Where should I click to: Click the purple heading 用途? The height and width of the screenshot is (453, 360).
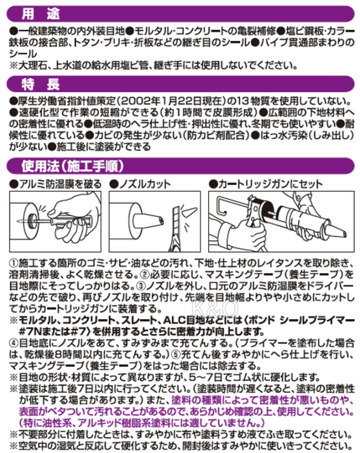[x=40, y=13]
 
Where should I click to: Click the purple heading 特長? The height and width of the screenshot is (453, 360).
[x=40, y=84]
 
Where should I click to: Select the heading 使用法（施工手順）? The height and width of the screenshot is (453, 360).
[x=73, y=166]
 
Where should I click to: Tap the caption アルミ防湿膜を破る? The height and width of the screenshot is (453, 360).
[x=56, y=184]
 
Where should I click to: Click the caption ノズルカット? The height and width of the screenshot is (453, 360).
[x=140, y=184]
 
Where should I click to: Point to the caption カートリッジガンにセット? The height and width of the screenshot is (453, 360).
[x=265, y=184]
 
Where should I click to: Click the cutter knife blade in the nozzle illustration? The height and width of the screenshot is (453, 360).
[x=176, y=228]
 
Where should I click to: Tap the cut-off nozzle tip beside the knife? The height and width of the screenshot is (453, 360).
[x=190, y=213]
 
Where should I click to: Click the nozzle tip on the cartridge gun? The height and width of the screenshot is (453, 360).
[x=337, y=230]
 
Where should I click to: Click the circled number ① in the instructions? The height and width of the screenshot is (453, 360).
[x=13, y=263]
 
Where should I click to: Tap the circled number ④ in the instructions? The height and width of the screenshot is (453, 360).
[x=13, y=343]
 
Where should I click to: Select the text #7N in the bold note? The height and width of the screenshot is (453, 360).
[x=29, y=332]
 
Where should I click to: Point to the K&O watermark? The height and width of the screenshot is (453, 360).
[x=215, y=308]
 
